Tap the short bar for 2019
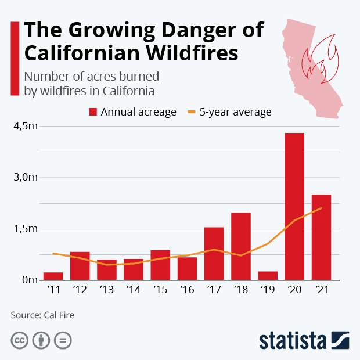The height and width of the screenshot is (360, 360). (x=268, y=275)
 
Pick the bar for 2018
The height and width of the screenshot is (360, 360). (x=241, y=246)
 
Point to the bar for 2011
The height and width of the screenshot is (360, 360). (x=53, y=276)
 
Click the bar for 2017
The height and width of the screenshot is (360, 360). (x=214, y=253)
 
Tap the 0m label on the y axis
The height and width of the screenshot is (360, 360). (x=27, y=280)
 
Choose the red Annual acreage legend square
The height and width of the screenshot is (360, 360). (x=92, y=112)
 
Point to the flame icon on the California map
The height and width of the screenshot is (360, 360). (x=322, y=58)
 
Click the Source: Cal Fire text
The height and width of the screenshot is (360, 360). (x=42, y=315)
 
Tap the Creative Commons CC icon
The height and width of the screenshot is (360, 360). (x=19, y=340)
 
